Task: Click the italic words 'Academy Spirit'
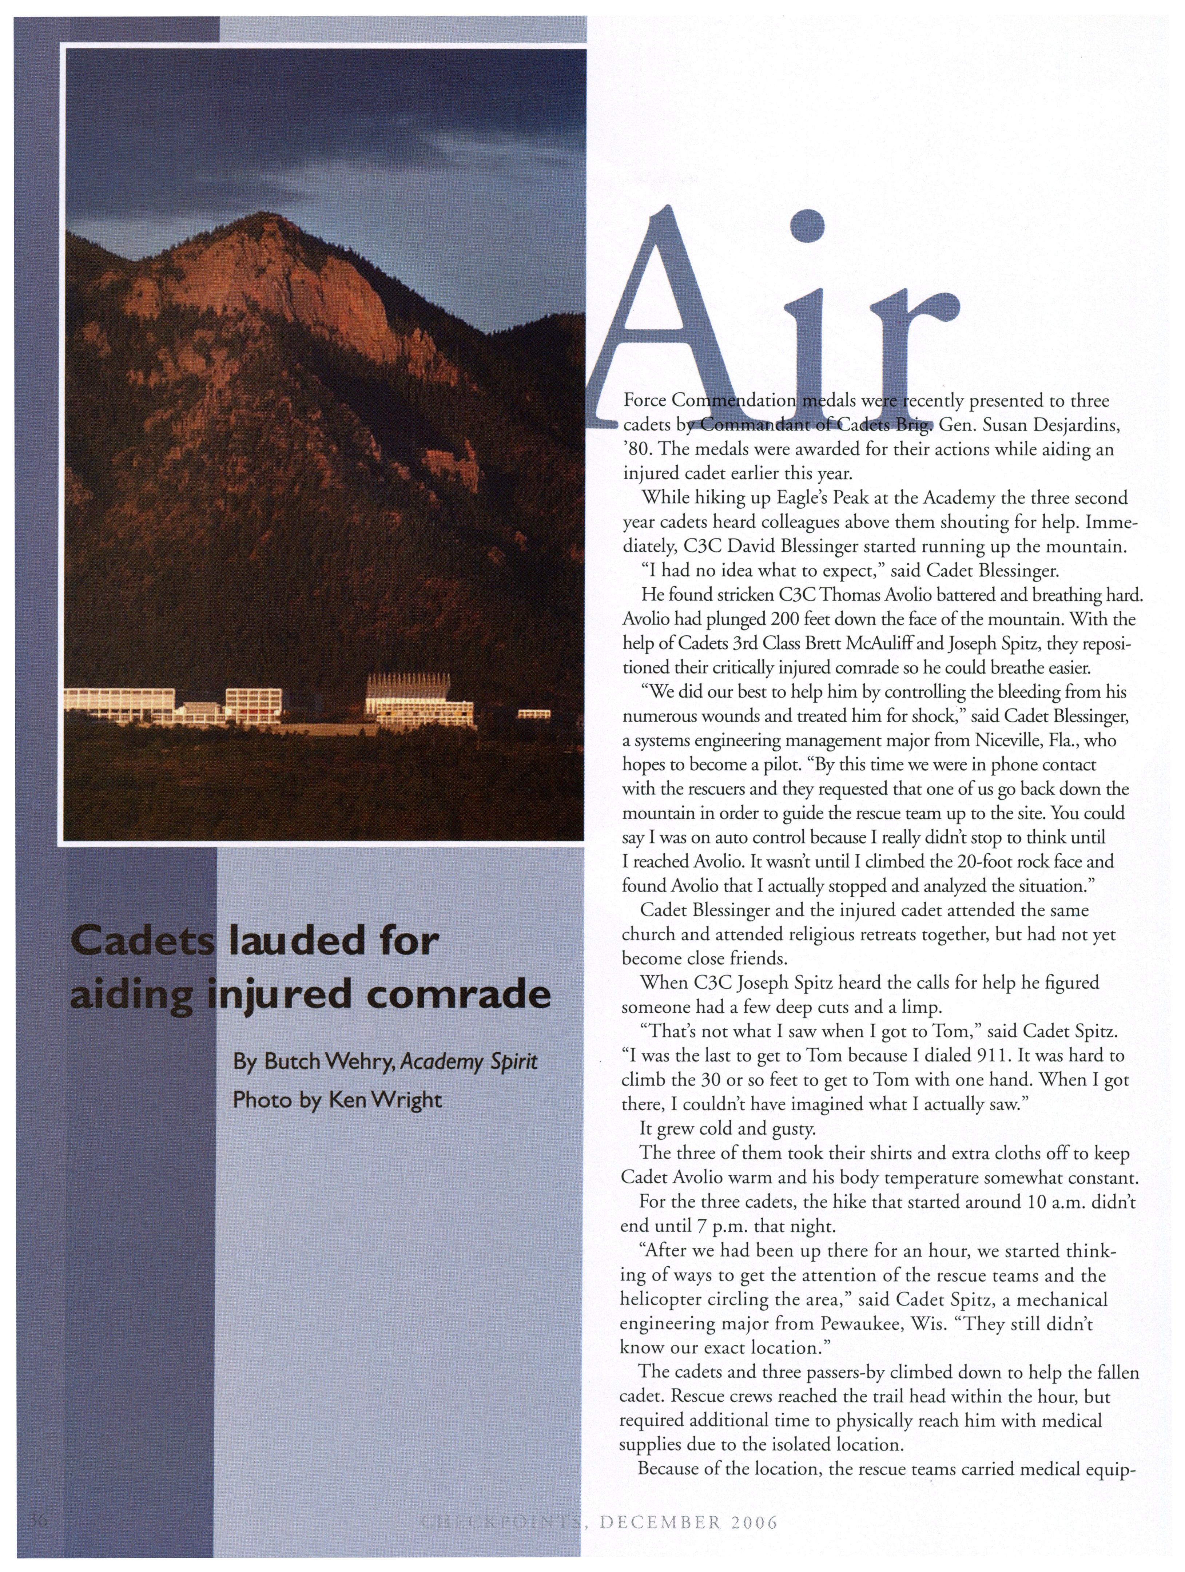point(469,1062)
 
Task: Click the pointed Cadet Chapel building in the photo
point(419,700)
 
